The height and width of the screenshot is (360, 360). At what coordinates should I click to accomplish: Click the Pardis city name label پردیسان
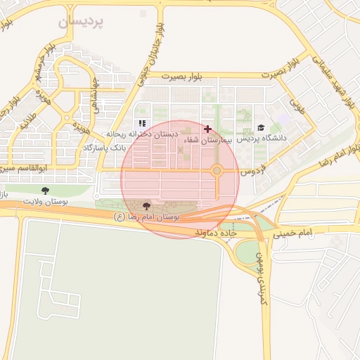[81, 21]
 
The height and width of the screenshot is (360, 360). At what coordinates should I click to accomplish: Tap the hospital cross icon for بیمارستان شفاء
[207, 129]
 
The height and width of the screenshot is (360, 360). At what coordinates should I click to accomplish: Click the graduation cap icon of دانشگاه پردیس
[262, 129]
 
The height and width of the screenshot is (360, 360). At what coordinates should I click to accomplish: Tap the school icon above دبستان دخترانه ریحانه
[143, 124]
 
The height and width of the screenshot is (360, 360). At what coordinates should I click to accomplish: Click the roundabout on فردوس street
[217, 171]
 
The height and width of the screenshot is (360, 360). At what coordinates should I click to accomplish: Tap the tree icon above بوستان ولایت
[46, 191]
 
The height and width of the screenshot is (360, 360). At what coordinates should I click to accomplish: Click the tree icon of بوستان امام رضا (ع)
[146, 206]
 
